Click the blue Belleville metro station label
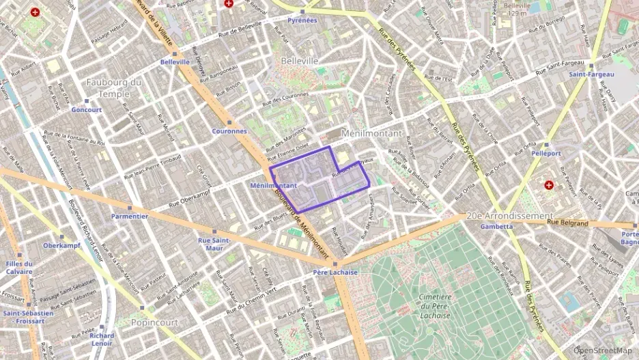(175, 61)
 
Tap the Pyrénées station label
(302, 20)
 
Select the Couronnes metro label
(229, 130)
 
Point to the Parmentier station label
(130, 216)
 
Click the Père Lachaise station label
(336, 272)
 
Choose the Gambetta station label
(496, 226)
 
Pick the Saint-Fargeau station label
(592, 74)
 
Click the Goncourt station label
(86, 109)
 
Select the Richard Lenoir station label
(102, 340)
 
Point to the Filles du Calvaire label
(18, 267)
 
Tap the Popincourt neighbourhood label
(154, 322)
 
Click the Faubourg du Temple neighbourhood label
(114, 88)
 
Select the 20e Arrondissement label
(509, 216)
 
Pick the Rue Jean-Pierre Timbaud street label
(152, 167)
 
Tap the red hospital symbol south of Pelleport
(548, 185)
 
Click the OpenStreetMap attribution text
(603, 350)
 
